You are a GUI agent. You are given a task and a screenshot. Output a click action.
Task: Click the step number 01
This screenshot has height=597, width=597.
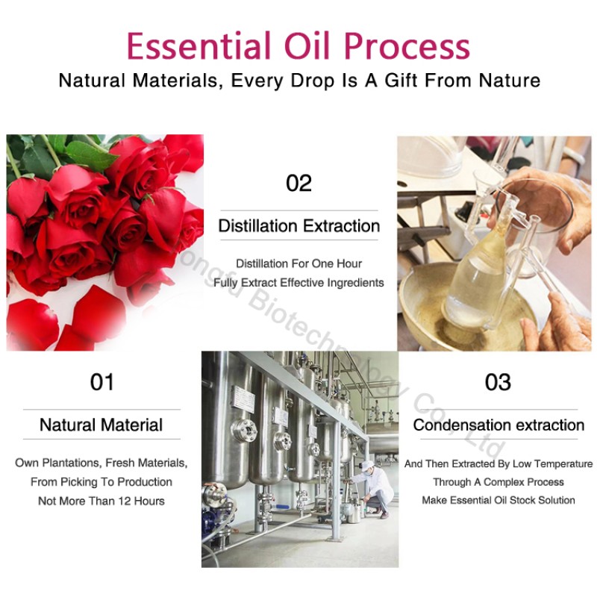[101, 382]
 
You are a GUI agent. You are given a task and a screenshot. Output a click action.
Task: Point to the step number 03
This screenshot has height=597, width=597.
[498, 382]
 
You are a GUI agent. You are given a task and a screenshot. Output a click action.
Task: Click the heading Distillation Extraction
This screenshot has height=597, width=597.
[298, 226]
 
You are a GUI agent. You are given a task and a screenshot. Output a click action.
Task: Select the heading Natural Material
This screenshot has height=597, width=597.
[101, 425]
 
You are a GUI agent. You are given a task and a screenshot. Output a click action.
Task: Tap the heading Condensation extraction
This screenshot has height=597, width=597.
[498, 425]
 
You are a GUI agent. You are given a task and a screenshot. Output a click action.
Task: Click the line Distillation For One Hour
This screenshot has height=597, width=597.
[298, 263]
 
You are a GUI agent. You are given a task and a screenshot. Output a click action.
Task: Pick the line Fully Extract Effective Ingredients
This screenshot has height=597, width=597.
[298, 283]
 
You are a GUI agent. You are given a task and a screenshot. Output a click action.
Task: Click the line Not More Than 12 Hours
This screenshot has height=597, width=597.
[101, 501]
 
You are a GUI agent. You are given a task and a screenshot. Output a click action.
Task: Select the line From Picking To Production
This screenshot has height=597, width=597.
[101, 482]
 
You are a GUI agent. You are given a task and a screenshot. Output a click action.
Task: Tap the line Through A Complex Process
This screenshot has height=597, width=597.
[498, 482]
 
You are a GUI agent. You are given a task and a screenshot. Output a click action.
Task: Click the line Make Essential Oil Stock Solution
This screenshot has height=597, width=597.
[498, 500]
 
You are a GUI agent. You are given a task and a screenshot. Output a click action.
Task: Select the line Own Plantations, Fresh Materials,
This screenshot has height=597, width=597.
[101, 463]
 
